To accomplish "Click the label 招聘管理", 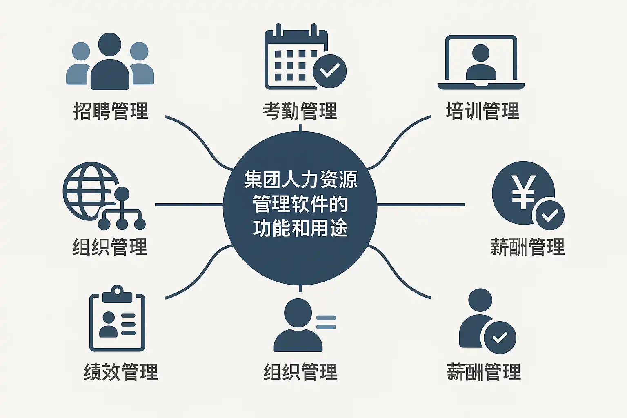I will [x=111, y=111].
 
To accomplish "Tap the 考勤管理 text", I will [x=300, y=111].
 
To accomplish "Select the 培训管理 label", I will [x=482, y=111].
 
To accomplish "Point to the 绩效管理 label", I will [x=121, y=372].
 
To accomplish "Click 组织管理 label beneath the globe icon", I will [x=110, y=247].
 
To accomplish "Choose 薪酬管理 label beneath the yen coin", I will [x=527, y=247].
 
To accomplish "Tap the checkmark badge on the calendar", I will [x=329, y=71].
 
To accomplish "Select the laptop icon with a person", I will [x=481, y=62].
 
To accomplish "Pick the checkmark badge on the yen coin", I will [x=550, y=215].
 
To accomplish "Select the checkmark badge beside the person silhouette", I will [x=499, y=338].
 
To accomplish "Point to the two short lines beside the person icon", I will [x=326, y=322].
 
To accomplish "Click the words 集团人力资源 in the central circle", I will [x=300, y=179].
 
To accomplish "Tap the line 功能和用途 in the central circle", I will [x=300, y=228].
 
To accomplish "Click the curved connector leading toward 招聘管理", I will [x=196, y=139].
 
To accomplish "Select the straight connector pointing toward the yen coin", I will [x=420, y=205].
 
